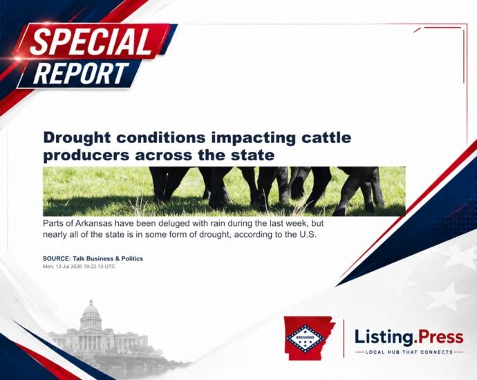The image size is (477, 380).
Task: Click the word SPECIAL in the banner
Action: (x=91, y=41)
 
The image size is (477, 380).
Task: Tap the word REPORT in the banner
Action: (x=81, y=73)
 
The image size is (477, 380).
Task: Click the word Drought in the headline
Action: (x=77, y=137)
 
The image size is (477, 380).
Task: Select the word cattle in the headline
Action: (x=326, y=137)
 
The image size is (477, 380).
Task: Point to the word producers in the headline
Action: (x=86, y=155)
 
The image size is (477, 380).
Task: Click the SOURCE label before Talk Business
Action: (x=57, y=258)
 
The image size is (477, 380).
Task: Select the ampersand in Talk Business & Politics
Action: (x=117, y=258)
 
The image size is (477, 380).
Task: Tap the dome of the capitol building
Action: (x=91, y=310)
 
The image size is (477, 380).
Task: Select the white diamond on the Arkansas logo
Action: (x=304, y=338)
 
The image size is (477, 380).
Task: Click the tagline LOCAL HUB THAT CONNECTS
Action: (x=409, y=352)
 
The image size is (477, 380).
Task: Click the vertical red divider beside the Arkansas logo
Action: (x=344, y=339)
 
